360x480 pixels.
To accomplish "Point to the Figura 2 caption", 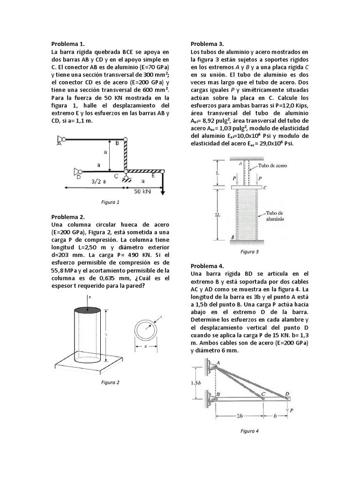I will pos(111,382).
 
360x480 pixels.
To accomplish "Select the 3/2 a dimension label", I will pos(99,181).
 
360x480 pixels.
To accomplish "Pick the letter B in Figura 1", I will pos(117,143).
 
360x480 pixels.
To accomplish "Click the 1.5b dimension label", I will pos(197,382).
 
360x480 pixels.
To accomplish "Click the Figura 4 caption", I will pos(249,430).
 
